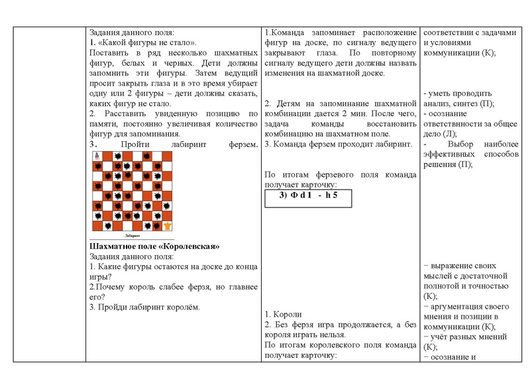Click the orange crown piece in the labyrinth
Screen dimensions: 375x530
[167, 225]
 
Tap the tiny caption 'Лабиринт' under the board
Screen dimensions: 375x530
[132, 235]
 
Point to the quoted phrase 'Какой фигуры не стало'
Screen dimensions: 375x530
[147, 42]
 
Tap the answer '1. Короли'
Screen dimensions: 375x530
[283, 314]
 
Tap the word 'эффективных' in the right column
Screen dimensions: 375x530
[454, 154]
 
